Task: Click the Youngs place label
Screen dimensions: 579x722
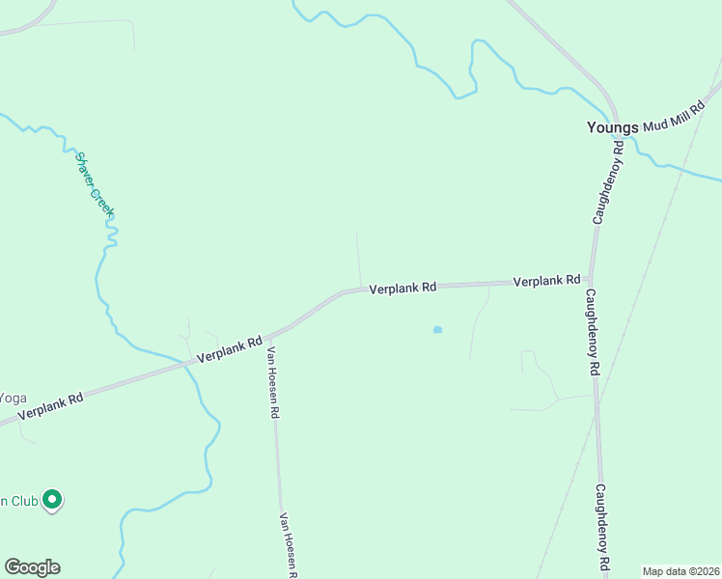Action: point(613,126)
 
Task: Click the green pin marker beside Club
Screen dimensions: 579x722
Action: point(53,500)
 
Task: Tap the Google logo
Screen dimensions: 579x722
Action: point(32,567)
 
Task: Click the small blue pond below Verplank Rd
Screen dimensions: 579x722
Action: point(437,330)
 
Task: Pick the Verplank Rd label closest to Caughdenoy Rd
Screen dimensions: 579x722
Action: point(546,281)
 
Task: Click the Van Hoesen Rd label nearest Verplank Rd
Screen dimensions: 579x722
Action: point(273,382)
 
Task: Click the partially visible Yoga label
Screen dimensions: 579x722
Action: point(12,398)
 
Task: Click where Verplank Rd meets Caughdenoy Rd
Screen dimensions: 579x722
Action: point(590,280)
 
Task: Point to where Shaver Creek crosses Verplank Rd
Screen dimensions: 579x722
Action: point(189,364)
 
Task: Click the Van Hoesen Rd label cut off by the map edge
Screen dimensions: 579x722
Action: point(287,545)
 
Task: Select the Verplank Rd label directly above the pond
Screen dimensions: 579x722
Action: point(403,288)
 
